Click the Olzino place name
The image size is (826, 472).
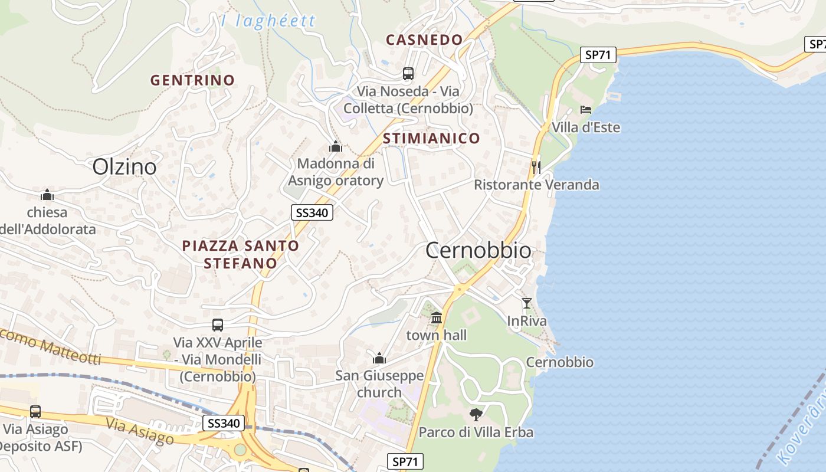(124, 167)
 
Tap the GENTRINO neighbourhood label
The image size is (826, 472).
(192, 80)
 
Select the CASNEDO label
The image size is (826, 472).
(424, 40)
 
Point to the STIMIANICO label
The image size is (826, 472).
(431, 139)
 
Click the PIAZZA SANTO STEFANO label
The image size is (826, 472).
(241, 254)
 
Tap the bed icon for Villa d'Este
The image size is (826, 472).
(586, 110)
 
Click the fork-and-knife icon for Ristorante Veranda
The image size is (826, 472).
(536, 167)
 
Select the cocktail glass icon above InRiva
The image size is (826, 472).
(527, 303)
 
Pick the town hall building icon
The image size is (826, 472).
(437, 318)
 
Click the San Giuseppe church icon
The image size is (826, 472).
(379, 358)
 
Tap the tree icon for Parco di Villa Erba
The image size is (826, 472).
(476, 414)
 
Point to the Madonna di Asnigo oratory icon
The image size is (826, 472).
(336, 146)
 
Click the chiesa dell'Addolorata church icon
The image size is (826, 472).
(47, 195)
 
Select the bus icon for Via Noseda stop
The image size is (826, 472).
(408, 74)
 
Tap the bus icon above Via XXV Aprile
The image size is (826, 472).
(218, 325)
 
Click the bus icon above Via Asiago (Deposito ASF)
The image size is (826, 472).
(35, 412)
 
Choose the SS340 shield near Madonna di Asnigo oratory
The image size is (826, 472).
(312, 213)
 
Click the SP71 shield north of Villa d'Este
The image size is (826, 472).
(598, 55)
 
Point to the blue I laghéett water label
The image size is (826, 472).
(267, 22)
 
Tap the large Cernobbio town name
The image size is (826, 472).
(478, 251)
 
